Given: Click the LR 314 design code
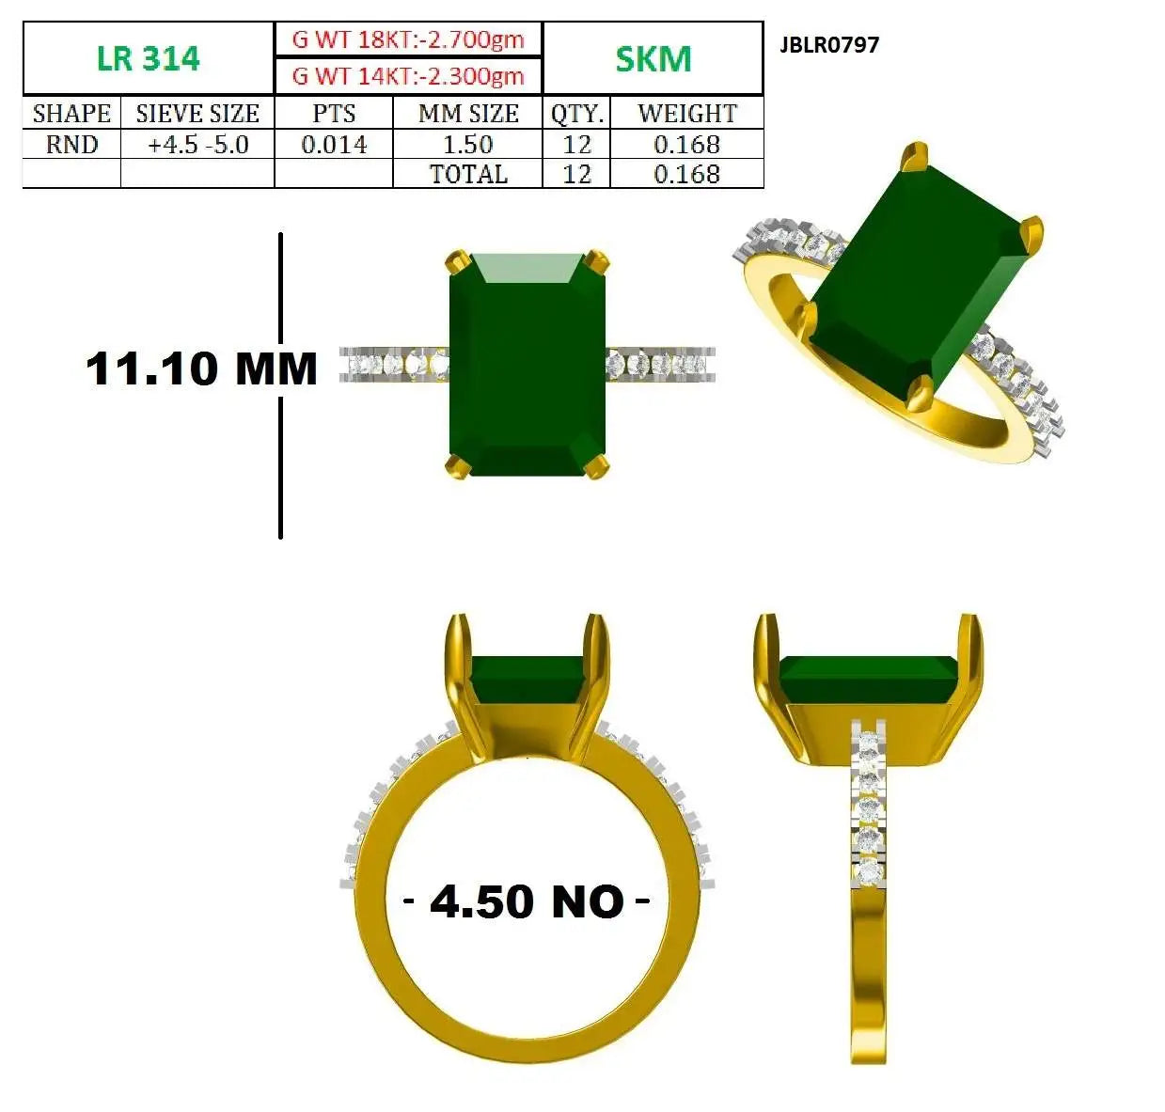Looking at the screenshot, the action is (148, 58).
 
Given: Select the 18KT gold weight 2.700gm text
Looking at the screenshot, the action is (408, 39).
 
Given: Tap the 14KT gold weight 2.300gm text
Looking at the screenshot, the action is (408, 76).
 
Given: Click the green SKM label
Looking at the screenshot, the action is (653, 58).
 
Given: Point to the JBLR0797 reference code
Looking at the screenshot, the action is (829, 45).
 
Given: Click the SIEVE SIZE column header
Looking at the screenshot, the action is (197, 113).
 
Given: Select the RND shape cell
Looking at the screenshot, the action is (71, 144).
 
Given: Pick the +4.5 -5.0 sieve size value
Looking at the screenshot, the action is (197, 144).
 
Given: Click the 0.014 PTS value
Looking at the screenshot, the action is (334, 144).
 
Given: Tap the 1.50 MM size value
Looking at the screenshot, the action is (467, 144).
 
